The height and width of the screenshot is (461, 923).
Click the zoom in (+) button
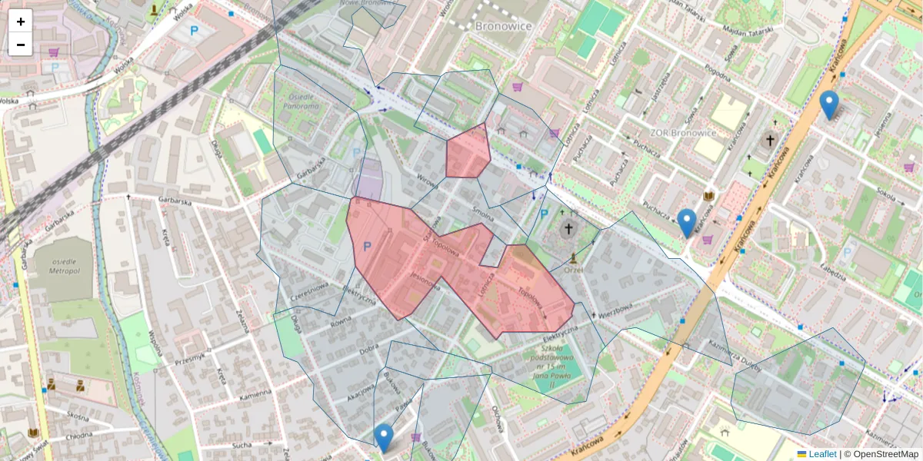click(x=21, y=22)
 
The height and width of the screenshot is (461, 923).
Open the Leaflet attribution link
click(x=822, y=454)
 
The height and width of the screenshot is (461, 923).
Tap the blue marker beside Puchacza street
click(x=687, y=221)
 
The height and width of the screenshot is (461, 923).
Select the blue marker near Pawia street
click(x=384, y=436)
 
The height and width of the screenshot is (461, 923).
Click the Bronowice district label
click(x=504, y=25)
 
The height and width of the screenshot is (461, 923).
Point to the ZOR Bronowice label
click(x=683, y=132)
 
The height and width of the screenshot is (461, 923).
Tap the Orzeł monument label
click(x=573, y=270)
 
